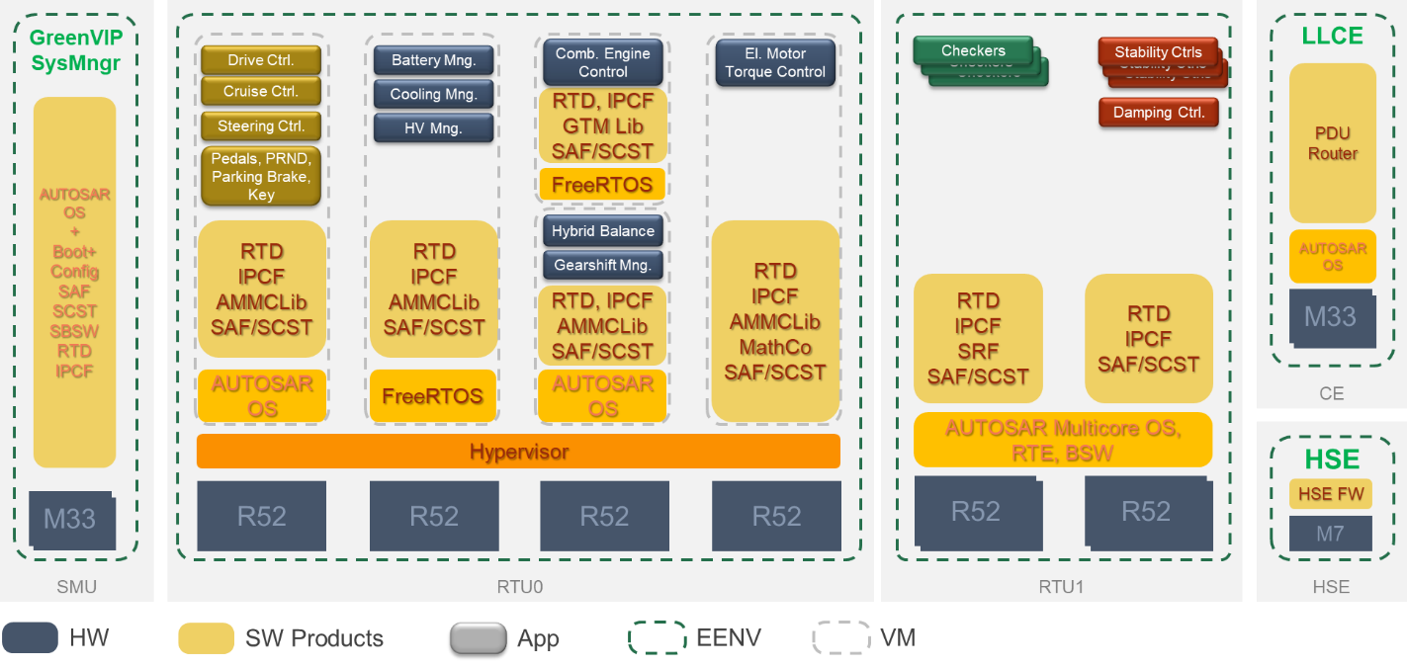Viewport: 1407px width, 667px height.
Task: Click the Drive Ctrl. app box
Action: [x=261, y=60]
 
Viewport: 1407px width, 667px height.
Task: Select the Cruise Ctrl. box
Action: [x=261, y=92]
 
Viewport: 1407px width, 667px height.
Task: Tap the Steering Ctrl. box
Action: [x=261, y=126]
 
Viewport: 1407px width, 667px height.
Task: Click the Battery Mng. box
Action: [x=433, y=60]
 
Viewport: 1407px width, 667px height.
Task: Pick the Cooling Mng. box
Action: [x=433, y=95]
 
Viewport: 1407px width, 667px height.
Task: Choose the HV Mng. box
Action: [x=433, y=128]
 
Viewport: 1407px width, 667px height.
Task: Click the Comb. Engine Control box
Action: [x=602, y=62]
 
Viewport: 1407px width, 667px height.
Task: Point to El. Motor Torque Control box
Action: [x=775, y=62]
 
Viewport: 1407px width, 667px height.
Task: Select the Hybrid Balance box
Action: [x=602, y=231]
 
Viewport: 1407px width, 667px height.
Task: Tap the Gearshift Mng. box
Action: [x=602, y=265]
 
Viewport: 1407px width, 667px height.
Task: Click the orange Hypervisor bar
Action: [x=518, y=452]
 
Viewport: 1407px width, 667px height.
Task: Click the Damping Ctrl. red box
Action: [x=1158, y=113]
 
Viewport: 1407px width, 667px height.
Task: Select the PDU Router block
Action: [x=1332, y=143]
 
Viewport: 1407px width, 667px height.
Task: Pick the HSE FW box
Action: [x=1330, y=494]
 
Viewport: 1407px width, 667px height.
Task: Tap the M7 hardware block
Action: [x=1330, y=534]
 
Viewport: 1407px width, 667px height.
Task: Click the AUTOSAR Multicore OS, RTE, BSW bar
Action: [x=1063, y=441]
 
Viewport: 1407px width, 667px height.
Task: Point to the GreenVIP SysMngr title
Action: [x=75, y=51]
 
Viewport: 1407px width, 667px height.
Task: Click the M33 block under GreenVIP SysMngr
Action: [x=70, y=519]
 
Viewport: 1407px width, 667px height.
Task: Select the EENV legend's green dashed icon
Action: [x=657, y=638]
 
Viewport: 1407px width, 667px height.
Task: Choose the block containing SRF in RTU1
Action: [x=977, y=338]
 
